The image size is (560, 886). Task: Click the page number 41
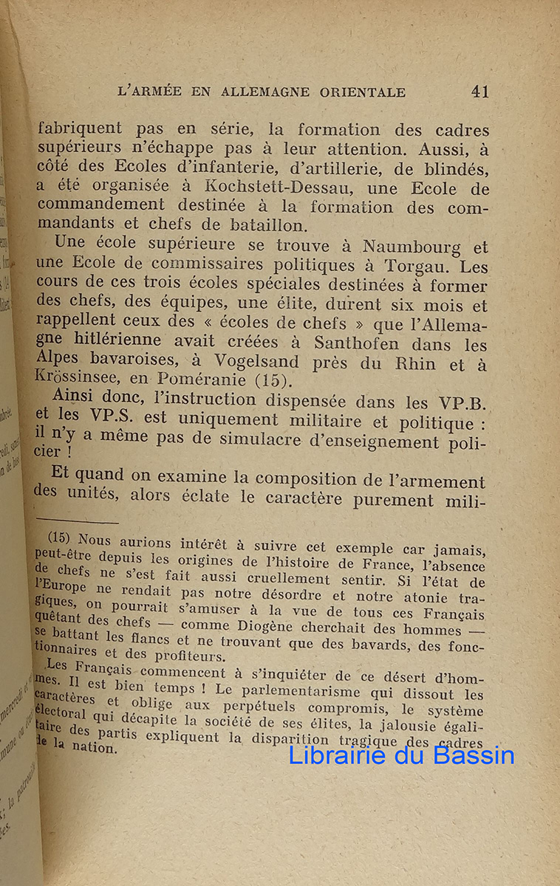tap(479, 91)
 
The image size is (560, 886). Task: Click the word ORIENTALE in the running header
tap(363, 92)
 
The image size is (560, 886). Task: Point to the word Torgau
tap(410, 266)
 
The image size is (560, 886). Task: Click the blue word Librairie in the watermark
tap(340, 755)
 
